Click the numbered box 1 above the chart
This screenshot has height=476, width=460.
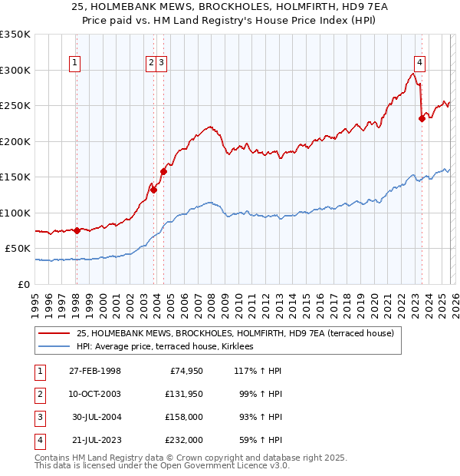pos(76,63)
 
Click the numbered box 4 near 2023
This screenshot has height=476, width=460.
pos(420,63)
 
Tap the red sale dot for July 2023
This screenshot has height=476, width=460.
pos(422,118)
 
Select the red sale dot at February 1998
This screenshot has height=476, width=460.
pos(77,230)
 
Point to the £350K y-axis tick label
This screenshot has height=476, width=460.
pos(15,35)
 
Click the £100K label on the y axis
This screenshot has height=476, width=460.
pos(15,213)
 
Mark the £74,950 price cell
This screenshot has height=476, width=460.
pos(184,372)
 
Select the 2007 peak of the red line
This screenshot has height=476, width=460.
pos(208,127)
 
